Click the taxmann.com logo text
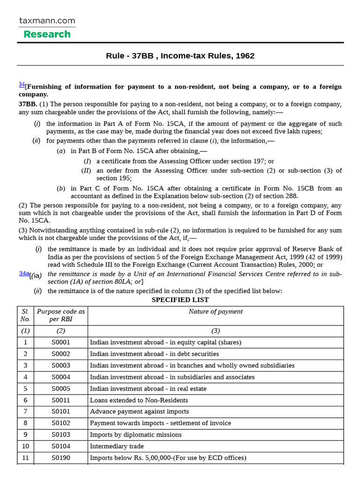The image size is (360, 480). coord(47,21)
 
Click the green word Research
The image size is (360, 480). coord(47,34)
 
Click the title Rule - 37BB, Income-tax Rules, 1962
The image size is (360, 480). coord(180,56)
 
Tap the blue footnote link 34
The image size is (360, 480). coord(22,84)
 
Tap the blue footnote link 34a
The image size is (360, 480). coord(24,273)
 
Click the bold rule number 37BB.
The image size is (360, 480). coord(28,104)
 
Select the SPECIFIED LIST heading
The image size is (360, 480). coord(180,300)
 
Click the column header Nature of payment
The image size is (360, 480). coord(216,312)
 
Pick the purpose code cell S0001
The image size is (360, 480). coord(61,343)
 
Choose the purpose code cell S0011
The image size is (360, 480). coord(61,400)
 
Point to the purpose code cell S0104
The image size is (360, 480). coord(61,446)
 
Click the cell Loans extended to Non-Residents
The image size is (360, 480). coord(139,400)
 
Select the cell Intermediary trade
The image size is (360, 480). coord(117,446)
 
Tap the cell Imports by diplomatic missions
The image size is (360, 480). coord(135,435)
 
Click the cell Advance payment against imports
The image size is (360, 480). coord(139,412)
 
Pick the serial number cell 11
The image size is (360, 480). coord(25,458)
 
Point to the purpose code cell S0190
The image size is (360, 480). coord(61,458)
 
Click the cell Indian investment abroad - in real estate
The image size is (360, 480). coord(148,389)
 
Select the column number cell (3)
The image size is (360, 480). coord(216,331)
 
